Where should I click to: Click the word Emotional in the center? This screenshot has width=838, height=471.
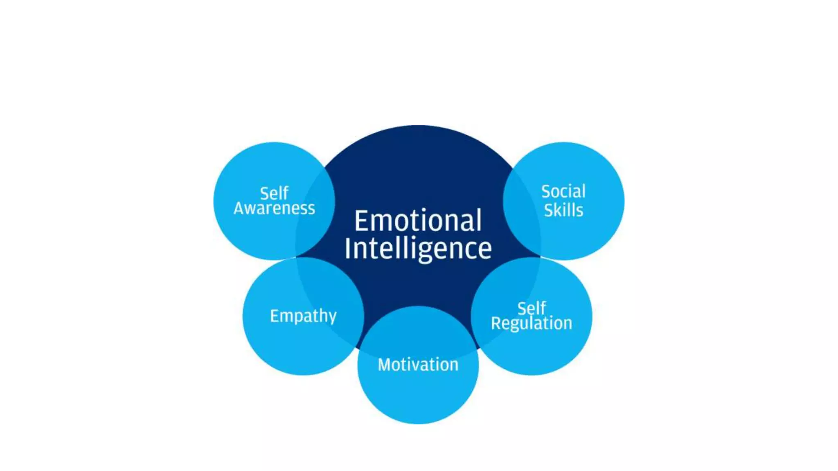pyautogui.click(x=418, y=221)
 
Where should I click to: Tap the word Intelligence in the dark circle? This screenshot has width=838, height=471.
pyautogui.click(x=418, y=249)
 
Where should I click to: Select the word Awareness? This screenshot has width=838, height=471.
pyautogui.click(x=274, y=209)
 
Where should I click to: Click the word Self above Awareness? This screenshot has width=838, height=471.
pyautogui.click(x=274, y=193)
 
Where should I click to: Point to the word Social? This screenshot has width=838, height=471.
pyautogui.click(x=563, y=191)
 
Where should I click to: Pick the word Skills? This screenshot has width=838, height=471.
pyautogui.click(x=563, y=210)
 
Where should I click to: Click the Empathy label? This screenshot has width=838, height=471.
pyautogui.click(x=303, y=316)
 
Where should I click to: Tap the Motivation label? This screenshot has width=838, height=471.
pyautogui.click(x=418, y=365)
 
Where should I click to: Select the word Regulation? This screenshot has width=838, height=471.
pyautogui.click(x=531, y=323)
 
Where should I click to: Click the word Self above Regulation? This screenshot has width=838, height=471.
pyautogui.click(x=531, y=308)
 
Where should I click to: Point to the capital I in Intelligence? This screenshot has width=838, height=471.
pyautogui.click(x=348, y=248)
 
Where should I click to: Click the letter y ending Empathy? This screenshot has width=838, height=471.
pyautogui.click(x=332, y=318)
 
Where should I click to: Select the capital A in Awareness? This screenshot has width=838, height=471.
pyautogui.click(x=241, y=208)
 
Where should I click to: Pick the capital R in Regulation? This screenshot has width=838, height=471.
pyautogui.click(x=496, y=323)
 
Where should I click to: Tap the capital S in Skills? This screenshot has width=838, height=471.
pyautogui.click(x=549, y=210)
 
